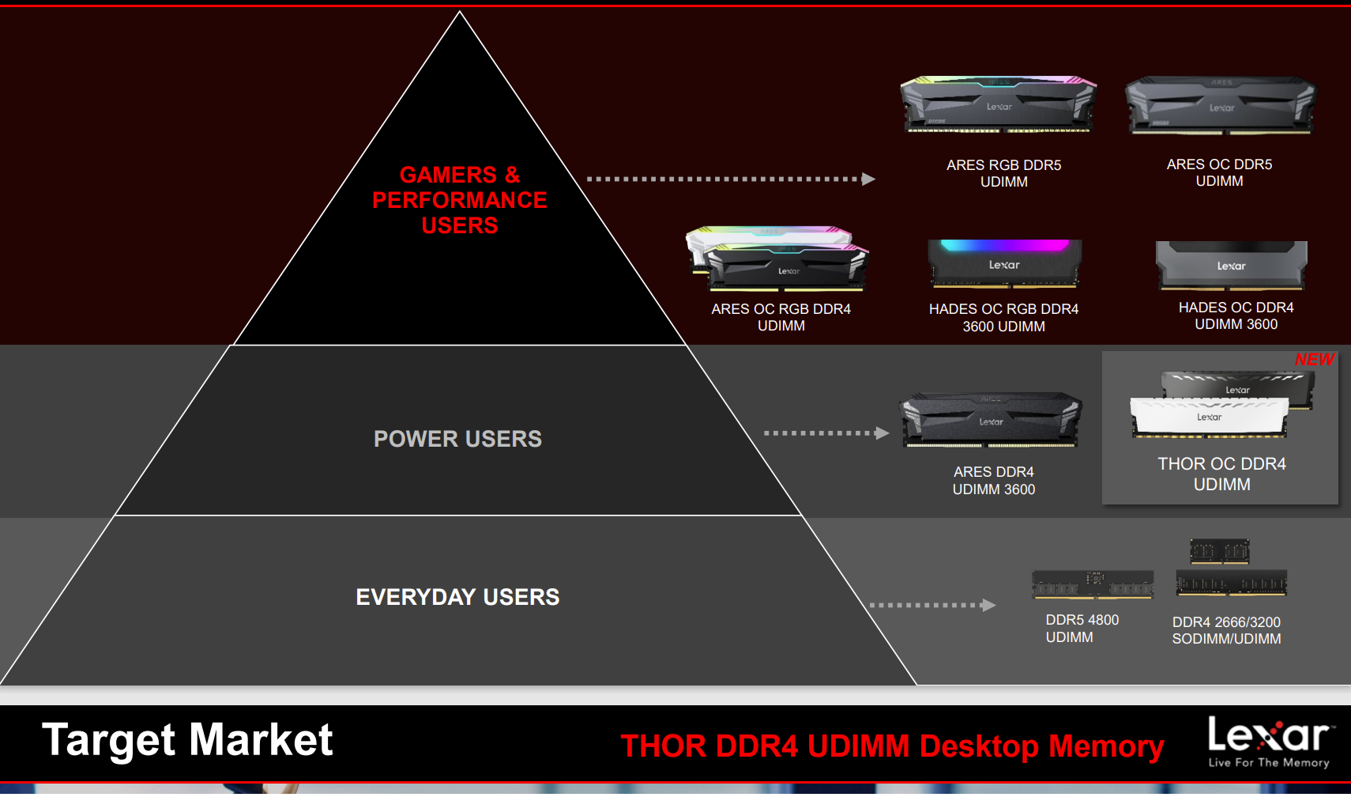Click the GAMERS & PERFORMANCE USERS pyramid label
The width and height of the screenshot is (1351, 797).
460,200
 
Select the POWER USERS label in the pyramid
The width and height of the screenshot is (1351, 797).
457,439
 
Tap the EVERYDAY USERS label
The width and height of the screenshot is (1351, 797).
457,597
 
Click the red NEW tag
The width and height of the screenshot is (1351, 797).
1315,360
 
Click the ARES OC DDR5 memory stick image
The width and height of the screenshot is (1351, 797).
1221,105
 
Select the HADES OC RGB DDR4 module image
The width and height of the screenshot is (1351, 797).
1004,263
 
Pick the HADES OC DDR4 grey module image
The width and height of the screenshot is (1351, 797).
1231,265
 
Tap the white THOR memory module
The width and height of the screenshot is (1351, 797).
1209,417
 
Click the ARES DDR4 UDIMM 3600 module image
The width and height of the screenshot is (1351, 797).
991,420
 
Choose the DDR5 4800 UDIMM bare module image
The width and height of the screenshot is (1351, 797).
1093,584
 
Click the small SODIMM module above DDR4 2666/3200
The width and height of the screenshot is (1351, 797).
1220,550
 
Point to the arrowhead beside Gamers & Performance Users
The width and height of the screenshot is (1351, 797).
868,179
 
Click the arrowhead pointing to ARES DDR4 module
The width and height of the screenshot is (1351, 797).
882,433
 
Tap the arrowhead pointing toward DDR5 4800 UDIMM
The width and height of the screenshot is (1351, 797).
988,606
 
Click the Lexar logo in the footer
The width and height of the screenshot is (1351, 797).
1269,741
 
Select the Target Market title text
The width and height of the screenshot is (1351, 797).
187,740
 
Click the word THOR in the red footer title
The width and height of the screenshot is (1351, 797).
664,746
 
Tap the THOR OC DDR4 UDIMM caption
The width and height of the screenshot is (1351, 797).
1221,474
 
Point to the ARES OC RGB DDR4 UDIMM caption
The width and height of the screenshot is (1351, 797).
781,317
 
